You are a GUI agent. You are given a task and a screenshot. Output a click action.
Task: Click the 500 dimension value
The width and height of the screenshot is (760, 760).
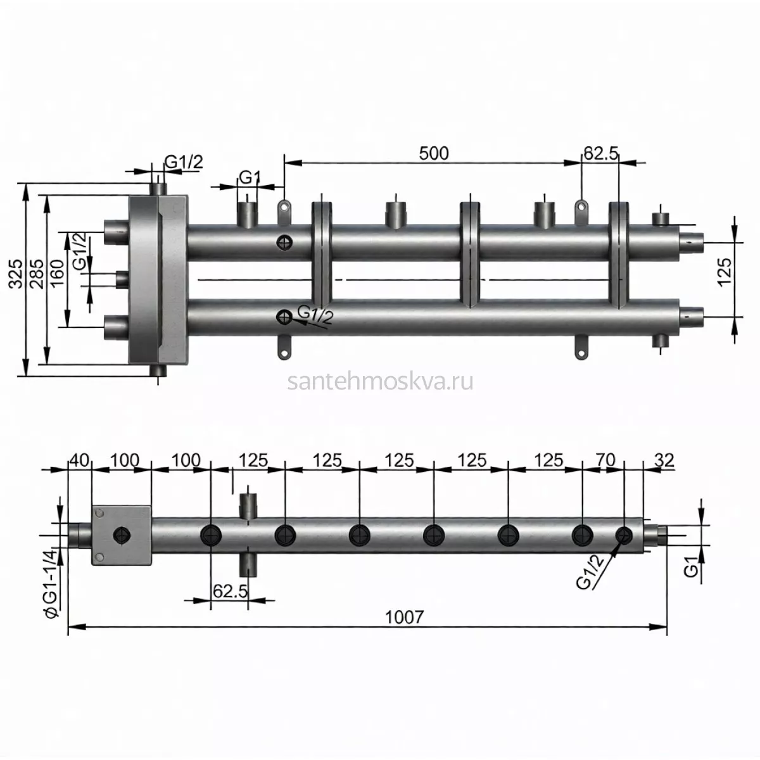click(433, 153)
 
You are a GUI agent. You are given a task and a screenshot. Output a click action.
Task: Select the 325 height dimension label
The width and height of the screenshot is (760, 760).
click(16, 274)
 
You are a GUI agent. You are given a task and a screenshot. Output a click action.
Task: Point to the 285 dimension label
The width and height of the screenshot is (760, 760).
click(37, 274)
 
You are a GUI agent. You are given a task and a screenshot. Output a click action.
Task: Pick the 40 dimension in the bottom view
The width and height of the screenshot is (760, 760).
click(80, 460)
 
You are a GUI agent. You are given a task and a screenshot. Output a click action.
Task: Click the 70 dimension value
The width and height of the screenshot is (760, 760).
click(605, 460)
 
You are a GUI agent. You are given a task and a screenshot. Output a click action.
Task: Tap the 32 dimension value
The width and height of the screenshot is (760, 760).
click(664, 460)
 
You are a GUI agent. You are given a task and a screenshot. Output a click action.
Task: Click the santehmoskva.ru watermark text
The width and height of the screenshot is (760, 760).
click(380, 382)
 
